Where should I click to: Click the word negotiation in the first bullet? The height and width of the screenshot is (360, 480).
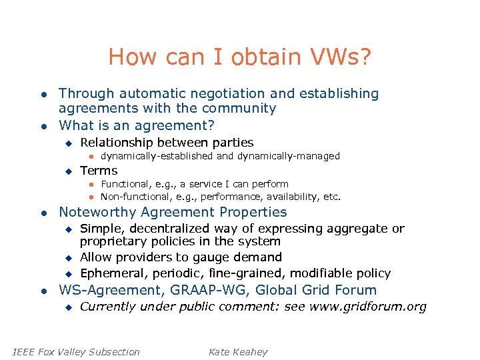pos(213,94)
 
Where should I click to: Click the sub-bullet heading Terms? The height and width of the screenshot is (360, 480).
pos(99,170)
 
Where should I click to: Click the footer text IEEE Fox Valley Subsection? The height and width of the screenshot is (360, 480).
pos(77,352)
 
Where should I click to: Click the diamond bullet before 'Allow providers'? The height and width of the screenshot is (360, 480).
pos(67,258)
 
